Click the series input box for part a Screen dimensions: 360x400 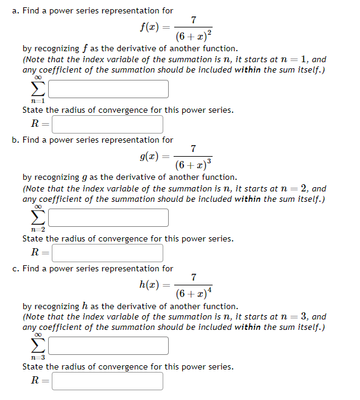point(108,89)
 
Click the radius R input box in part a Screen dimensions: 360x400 point(107,124)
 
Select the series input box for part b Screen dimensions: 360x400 point(108,218)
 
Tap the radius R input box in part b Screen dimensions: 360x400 point(107,252)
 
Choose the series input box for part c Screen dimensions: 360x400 point(108,346)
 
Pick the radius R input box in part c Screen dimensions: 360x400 point(107,381)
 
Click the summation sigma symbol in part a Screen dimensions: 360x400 point(38,90)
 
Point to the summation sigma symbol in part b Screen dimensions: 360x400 point(38,218)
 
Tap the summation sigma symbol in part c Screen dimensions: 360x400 point(38,346)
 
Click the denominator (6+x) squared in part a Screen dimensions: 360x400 point(193,36)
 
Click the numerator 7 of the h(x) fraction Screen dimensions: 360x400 point(193,277)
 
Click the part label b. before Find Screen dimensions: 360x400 point(15,140)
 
